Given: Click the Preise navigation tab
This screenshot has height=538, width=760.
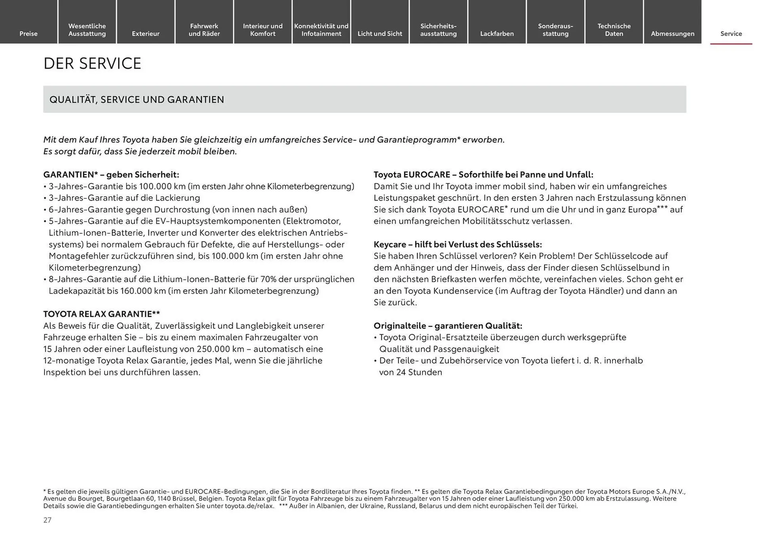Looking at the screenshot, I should [28, 33].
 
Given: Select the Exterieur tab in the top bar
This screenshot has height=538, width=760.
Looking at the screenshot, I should [146, 33].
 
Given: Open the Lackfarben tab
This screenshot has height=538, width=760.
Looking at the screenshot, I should [497, 33].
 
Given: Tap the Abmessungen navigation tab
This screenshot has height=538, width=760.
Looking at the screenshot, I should [673, 33].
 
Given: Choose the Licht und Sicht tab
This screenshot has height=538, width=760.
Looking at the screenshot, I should [380, 33].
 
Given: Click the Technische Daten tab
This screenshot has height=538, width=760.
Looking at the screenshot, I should [614, 30].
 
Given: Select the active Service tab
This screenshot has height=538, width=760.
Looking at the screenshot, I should [731, 33].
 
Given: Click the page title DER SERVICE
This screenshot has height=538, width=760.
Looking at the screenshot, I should [92, 63].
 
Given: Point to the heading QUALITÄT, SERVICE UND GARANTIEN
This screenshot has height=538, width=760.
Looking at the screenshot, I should [137, 99].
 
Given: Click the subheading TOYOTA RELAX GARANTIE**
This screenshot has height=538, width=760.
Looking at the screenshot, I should [101, 314].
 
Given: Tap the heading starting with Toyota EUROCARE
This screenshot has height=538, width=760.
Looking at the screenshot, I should [483, 175].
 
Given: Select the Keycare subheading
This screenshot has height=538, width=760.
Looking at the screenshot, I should [458, 244].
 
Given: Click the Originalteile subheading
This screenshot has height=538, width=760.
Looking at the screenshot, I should [448, 326].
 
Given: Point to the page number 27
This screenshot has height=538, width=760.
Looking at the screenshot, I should [47, 520].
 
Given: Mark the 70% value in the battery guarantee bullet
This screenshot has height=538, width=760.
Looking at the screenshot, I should [268, 279].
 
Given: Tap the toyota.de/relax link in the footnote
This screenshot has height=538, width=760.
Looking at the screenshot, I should [249, 506].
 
